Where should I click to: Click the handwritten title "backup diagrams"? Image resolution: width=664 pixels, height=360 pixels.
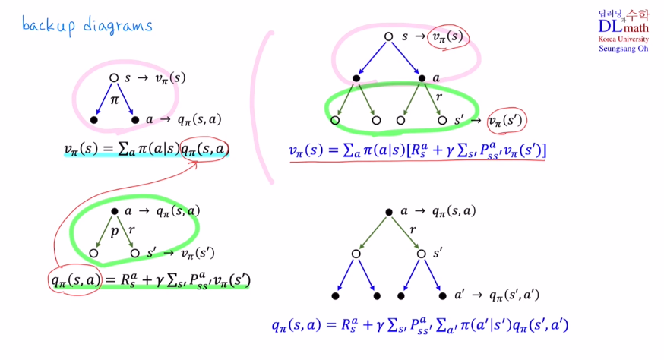(x=87, y=26)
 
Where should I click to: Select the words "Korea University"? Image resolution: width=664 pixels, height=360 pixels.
(x=624, y=39)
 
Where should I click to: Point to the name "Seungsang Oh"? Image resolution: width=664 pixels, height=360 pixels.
(x=624, y=49)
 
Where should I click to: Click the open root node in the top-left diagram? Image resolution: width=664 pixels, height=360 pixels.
(x=114, y=77)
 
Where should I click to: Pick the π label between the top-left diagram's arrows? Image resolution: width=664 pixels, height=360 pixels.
(x=115, y=99)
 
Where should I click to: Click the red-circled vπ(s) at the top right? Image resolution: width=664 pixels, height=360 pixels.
(x=447, y=36)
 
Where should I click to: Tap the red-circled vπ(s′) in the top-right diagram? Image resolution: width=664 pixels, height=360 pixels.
(x=506, y=120)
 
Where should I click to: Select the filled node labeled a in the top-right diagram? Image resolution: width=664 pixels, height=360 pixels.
(x=421, y=78)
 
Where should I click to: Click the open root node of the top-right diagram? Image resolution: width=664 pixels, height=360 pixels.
(x=388, y=36)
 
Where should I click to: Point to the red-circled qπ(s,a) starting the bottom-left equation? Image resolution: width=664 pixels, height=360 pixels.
(x=74, y=280)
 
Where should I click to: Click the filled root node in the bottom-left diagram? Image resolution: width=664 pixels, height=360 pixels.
(x=114, y=211)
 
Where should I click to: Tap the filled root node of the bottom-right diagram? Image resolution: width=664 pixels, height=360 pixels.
(x=388, y=211)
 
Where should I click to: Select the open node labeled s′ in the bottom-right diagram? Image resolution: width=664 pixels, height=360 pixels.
(x=422, y=253)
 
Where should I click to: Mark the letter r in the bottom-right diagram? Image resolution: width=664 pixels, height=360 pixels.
(x=413, y=229)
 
